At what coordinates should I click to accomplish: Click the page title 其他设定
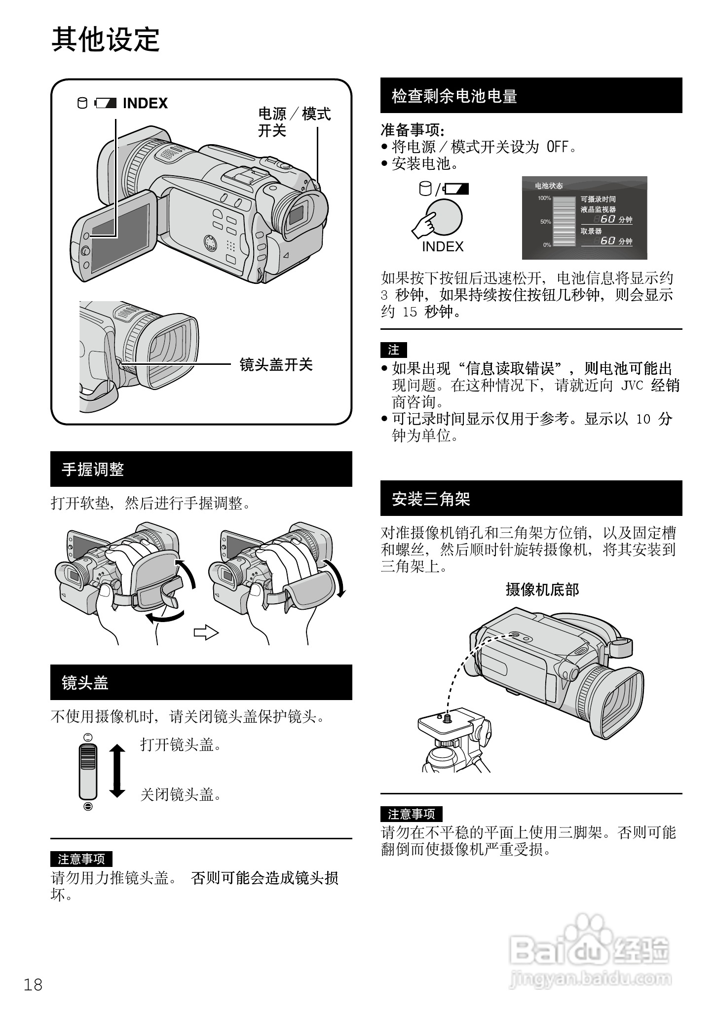[106, 39]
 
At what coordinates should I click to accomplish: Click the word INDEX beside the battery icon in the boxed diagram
[145, 103]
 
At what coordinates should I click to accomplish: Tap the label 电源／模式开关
[294, 122]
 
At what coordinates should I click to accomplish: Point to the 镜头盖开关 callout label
[276, 365]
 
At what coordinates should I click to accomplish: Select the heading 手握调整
[92, 469]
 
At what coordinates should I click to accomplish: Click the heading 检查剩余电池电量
[454, 96]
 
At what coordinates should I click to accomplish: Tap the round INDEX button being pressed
[445, 217]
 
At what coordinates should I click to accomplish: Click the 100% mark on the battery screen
[544, 198]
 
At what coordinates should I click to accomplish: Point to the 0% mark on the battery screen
[547, 245]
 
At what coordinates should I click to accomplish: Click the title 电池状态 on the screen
[549, 186]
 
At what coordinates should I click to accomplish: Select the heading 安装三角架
[431, 499]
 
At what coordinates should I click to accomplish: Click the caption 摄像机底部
[542, 589]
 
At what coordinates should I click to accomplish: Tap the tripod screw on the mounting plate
[448, 717]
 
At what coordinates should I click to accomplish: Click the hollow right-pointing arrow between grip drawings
[206, 632]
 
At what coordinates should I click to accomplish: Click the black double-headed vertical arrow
[117, 771]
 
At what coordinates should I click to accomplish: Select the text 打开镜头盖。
[181, 745]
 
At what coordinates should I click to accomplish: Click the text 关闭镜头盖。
[181, 794]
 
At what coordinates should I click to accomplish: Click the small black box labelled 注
[393, 350]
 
